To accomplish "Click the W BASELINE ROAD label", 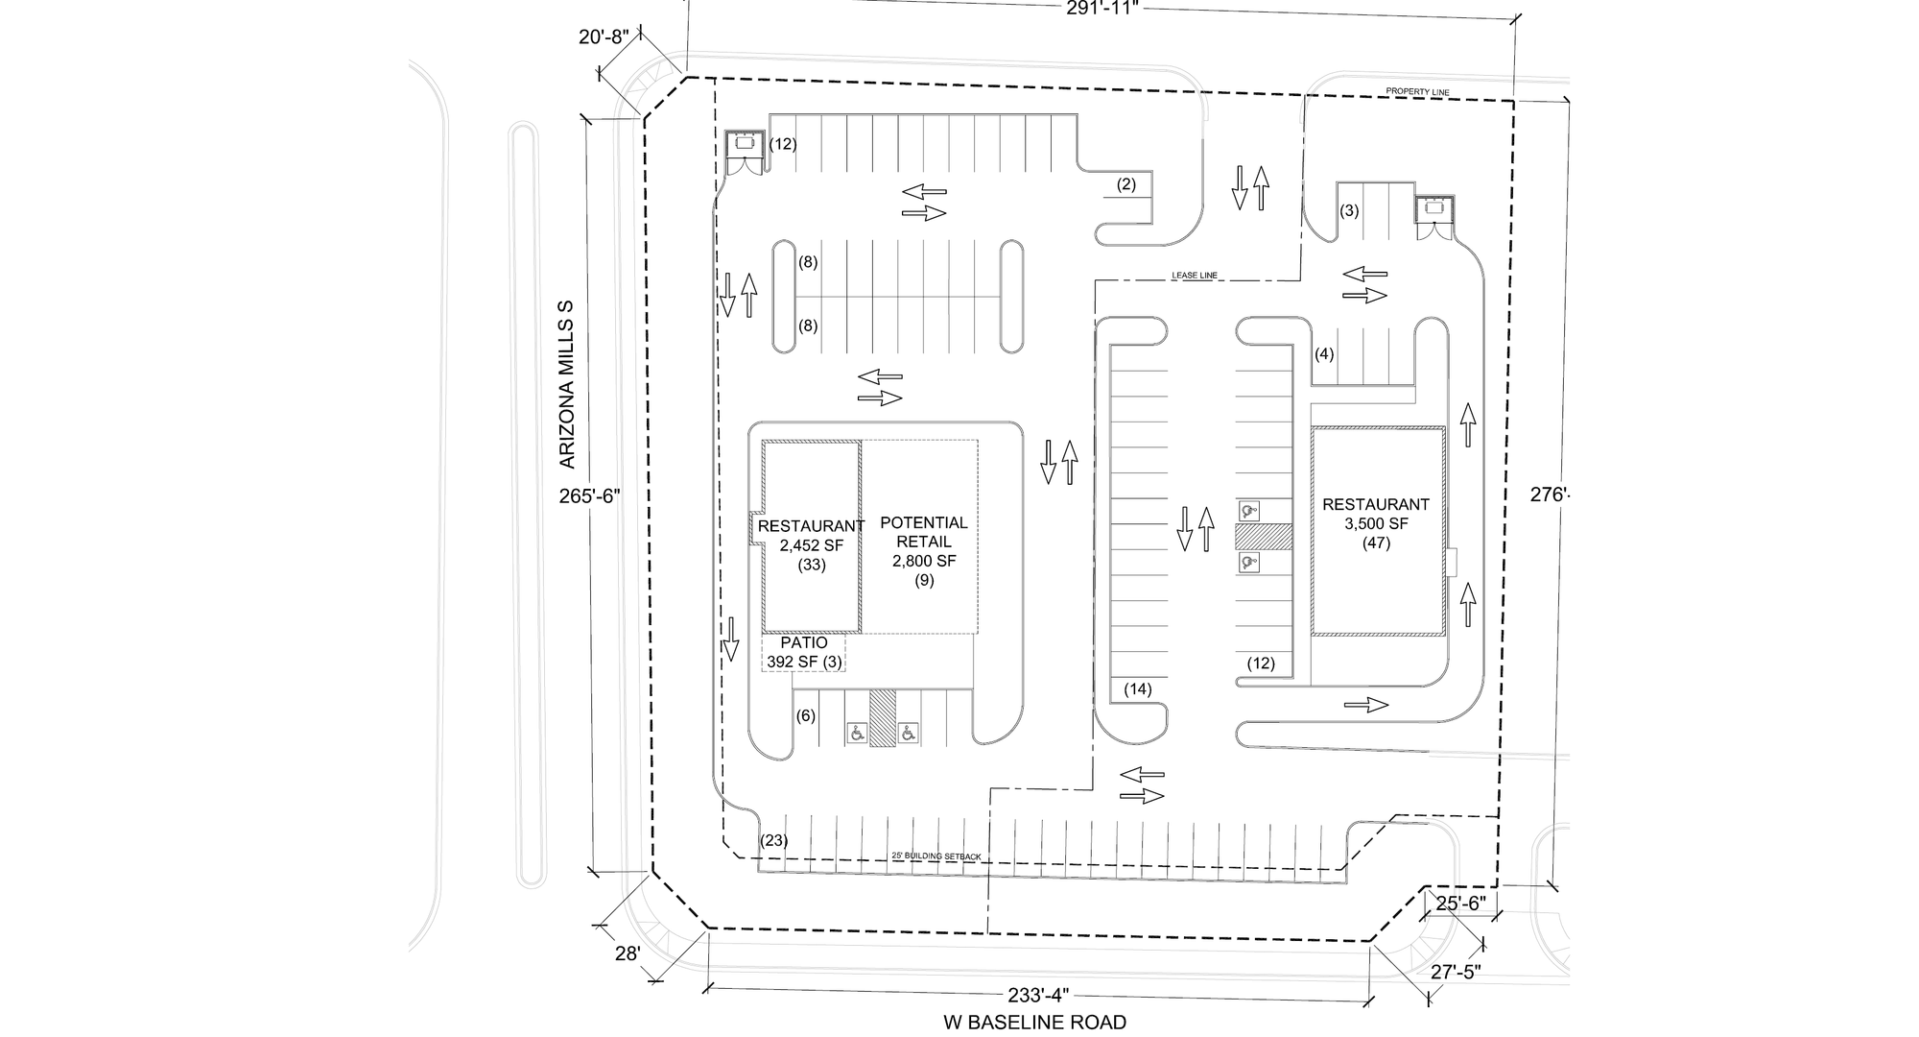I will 1034,1023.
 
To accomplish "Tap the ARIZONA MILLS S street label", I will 567,384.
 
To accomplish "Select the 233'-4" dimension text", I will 1039,996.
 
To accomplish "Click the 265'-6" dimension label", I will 590,496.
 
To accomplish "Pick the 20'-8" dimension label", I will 604,37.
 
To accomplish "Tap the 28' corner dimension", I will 628,954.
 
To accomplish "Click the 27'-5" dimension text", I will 1456,972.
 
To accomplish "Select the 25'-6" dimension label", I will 1460,903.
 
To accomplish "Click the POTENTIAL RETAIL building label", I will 924,532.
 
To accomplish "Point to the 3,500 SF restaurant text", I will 1376,524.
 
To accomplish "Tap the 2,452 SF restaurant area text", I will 811,545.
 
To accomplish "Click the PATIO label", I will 804,643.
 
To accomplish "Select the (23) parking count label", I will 774,841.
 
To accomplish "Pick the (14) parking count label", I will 1138,688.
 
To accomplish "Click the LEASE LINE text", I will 1195,276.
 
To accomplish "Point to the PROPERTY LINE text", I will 1417,92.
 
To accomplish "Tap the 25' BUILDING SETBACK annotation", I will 936,856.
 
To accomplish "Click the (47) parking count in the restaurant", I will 1376,543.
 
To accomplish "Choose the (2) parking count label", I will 1126,184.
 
